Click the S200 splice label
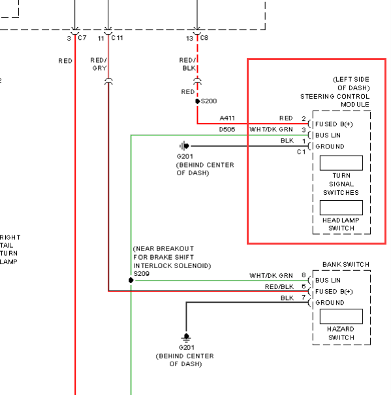209,101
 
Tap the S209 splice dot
131,280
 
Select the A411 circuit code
227,118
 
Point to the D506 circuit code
227,129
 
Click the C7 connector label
82,38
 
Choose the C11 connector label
117,38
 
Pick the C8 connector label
204,38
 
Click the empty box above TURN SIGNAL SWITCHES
341,163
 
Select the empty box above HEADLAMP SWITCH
341,207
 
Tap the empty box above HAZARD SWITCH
341,316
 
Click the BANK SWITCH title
346,264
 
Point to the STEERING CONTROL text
335,97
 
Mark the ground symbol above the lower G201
186,337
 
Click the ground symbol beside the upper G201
184,146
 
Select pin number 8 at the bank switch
304,275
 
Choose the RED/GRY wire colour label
99,64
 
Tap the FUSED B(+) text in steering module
334,124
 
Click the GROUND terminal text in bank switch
330,303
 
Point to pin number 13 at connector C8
189,39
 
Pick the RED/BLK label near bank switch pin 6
279,286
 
